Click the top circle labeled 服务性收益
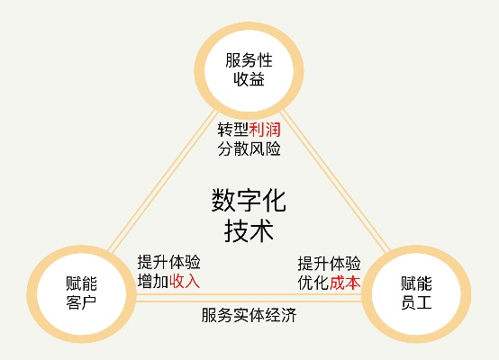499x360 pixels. pos(249,27)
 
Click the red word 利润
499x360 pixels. pos(265,130)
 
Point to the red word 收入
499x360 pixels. pos(185,281)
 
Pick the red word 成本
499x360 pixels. pos(345,283)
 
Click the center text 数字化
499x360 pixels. pos(249,201)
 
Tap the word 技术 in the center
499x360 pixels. pos(249,230)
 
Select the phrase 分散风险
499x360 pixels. pos(249,148)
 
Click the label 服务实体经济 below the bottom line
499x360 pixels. pos(249,315)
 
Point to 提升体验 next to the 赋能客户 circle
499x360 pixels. pos(169,262)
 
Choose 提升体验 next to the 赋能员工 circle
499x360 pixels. pos(330,264)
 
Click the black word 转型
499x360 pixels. pos(233,130)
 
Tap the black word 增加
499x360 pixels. pos(153,281)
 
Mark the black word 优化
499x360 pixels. pos(313,283)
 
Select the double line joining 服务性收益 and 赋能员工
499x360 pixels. pos(335,181)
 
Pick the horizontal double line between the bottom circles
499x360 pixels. pos(249,298)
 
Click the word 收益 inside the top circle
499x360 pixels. pos(249,79)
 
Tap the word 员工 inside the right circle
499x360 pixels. pos(416,302)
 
